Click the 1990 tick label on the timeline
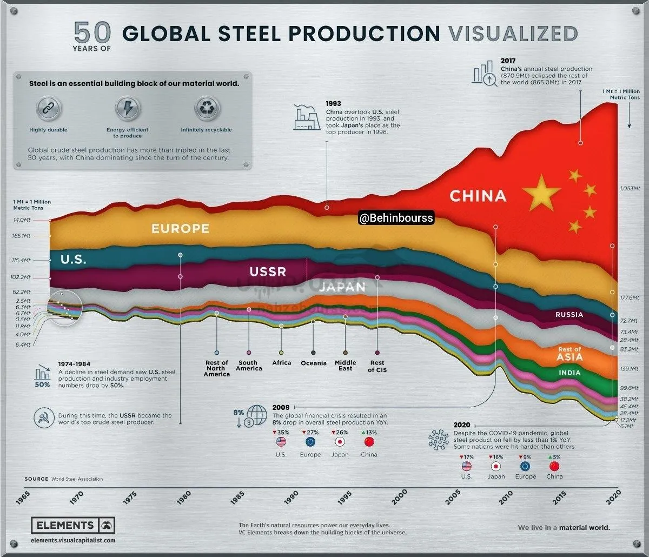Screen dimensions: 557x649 point(291,496)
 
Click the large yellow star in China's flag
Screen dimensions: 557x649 point(538,192)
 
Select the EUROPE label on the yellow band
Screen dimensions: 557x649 point(180,228)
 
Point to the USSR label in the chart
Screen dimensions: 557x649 point(268,271)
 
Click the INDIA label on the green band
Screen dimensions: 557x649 point(569,373)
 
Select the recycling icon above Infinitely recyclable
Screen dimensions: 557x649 point(207,109)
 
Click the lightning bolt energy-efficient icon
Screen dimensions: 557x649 point(127,109)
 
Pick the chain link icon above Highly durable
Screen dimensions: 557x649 point(48,109)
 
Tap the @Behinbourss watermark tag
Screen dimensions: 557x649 point(395,218)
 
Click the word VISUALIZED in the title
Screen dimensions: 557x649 point(513,34)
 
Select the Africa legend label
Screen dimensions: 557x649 point(281,363)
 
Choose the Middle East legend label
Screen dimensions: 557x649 point(346,366)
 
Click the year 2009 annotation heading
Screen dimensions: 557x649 point(281,407)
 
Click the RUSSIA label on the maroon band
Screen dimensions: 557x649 point(569,314)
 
